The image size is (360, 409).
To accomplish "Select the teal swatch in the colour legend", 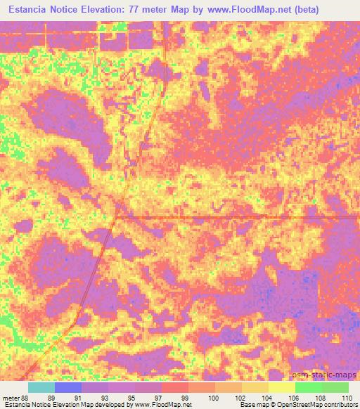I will pos(41,387).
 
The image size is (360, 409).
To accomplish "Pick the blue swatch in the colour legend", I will pos(68,387).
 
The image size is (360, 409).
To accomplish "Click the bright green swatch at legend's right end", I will pos(335,387).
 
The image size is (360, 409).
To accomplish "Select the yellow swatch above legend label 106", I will pos(281,387).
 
